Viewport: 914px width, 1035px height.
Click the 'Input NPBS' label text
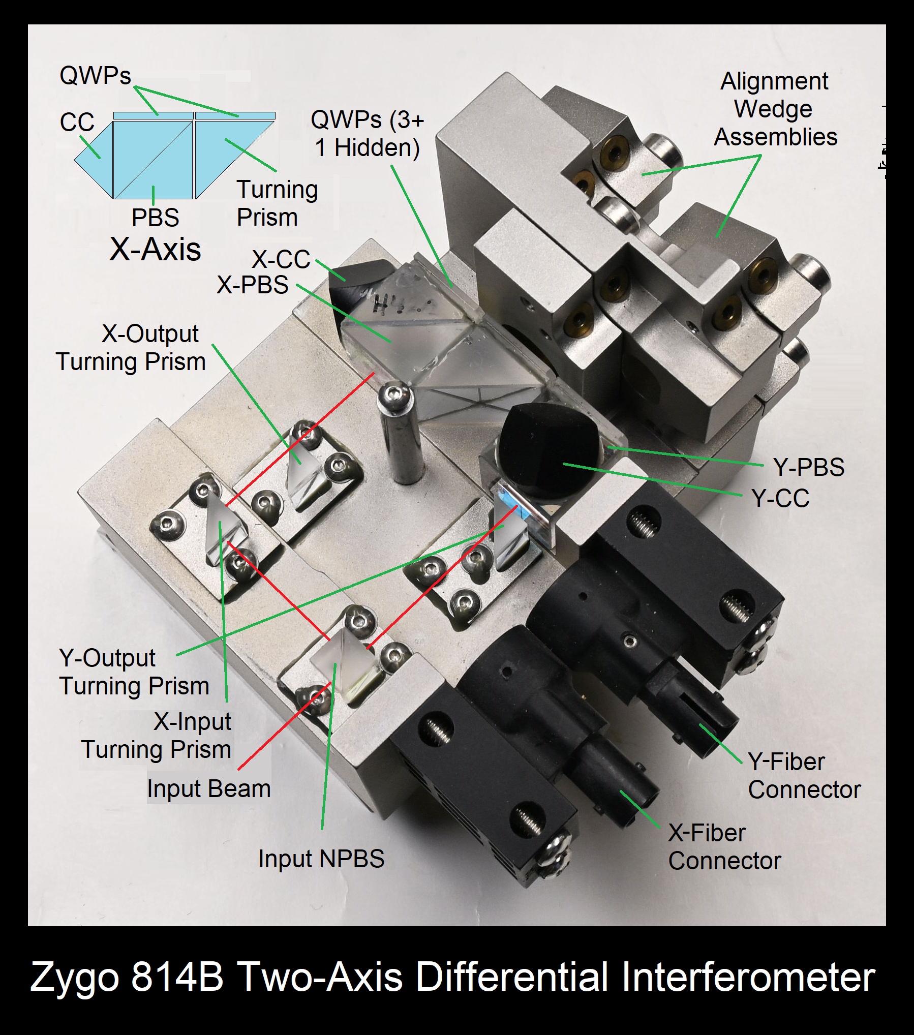(x=321, y=859)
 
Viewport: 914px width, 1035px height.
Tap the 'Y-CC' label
(x=781, y=498)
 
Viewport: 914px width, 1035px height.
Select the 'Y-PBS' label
(x=809, y=467)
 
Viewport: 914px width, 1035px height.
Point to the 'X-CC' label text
(x=281, y=259)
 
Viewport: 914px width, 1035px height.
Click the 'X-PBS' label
(x=253, y=285)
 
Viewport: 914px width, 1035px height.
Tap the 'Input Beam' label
(x=209, y=789)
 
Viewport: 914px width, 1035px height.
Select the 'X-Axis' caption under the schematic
(x=156, y=249)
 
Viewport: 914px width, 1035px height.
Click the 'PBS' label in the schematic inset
(x=156, y=218)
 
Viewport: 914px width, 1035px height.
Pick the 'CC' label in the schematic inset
(x=77, y=122)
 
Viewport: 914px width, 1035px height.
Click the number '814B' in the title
(x=177, y=977)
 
